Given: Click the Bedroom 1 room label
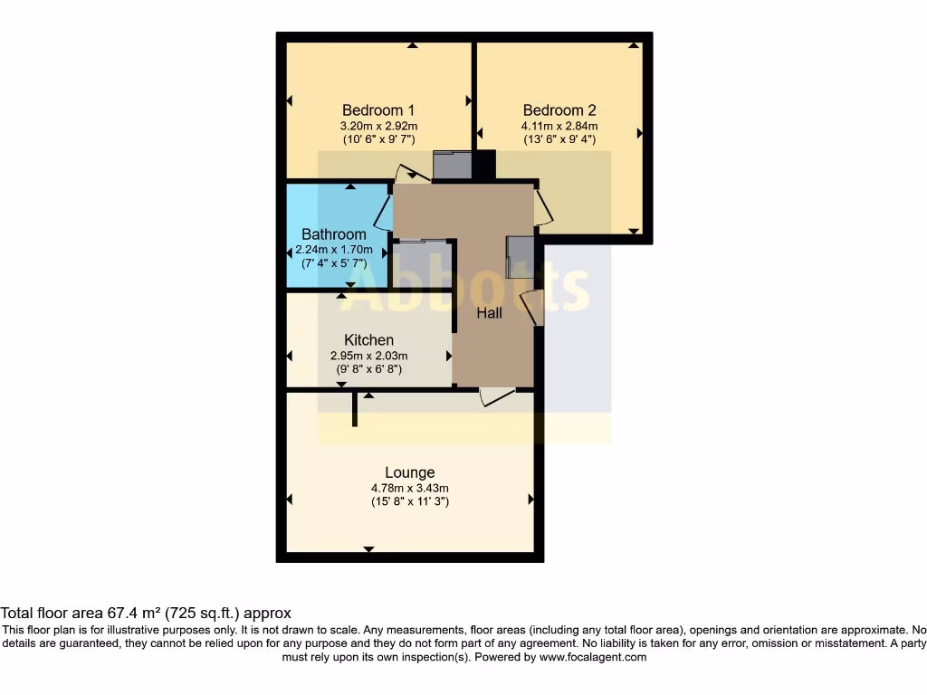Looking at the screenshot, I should [378, 110].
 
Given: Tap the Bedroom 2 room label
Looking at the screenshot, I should [559, 110].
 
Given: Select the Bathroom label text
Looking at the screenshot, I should [334, 234].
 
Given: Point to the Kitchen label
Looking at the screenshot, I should [368, 340].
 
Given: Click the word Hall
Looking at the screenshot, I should [490, 313].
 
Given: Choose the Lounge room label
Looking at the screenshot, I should [409, 472].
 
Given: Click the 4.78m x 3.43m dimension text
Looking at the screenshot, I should [409, 488].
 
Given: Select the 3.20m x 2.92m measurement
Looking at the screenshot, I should [378, 126].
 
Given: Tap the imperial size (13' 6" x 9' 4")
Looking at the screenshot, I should [559, 140].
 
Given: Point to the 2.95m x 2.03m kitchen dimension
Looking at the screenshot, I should [368, 356].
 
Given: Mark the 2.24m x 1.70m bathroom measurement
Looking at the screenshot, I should [334, 249].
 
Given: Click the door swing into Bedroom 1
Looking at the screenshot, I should [412, 174].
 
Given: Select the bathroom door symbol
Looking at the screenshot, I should [383, 214].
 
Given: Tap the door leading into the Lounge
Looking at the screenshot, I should [496, 396].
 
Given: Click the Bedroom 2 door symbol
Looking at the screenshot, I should [542, 207].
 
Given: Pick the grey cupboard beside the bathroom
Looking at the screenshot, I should [422, 263].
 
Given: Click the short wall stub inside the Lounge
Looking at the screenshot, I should [355, 409].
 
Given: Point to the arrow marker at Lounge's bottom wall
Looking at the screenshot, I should [368, 549].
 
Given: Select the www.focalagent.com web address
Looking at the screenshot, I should [592, 657].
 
